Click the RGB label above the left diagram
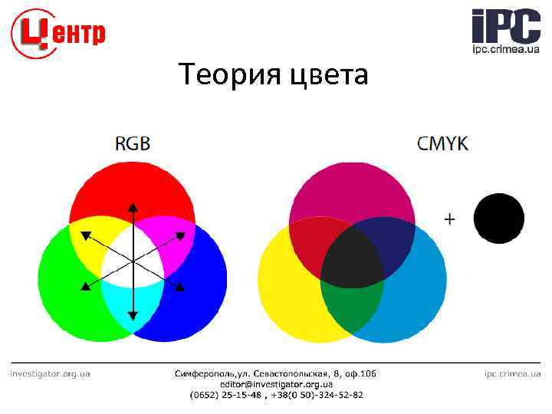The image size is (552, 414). pyautogui.click(x=133, y=143)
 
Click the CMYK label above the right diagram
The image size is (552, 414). pyautogui.click(x=442, y=143)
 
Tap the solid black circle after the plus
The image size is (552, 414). pyautogui.click(x=498, y=219)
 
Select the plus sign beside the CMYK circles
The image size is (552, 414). pyautogui.click(x=449, y=219)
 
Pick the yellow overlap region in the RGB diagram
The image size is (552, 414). pyautogui.click(x=88, y=242)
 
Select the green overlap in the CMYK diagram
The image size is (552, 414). pyautogui.click(x=352, y=307)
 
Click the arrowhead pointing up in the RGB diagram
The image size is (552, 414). pyautogui.click(x=133, y=206)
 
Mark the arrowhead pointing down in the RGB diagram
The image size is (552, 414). pyautogui.click(x=133, y=315)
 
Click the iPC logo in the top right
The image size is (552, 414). pyautogui.click(x=505, y=31)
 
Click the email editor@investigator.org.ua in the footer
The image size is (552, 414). pyautogui.click(x=276, y=384)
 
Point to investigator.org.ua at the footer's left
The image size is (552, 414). pyautogui.click(x=50, y=373)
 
